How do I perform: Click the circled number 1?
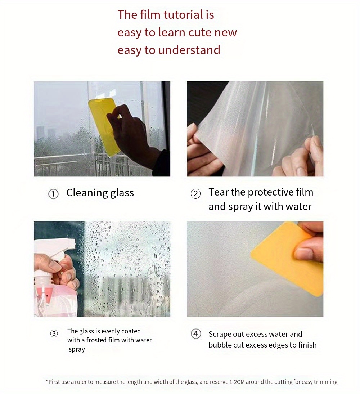53,194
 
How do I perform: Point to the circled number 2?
195,194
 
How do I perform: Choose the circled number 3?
54,333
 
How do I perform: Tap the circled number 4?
195,334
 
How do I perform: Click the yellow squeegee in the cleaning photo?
103,124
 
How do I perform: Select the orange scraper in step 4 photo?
284,258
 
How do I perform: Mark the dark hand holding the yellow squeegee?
131,133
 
